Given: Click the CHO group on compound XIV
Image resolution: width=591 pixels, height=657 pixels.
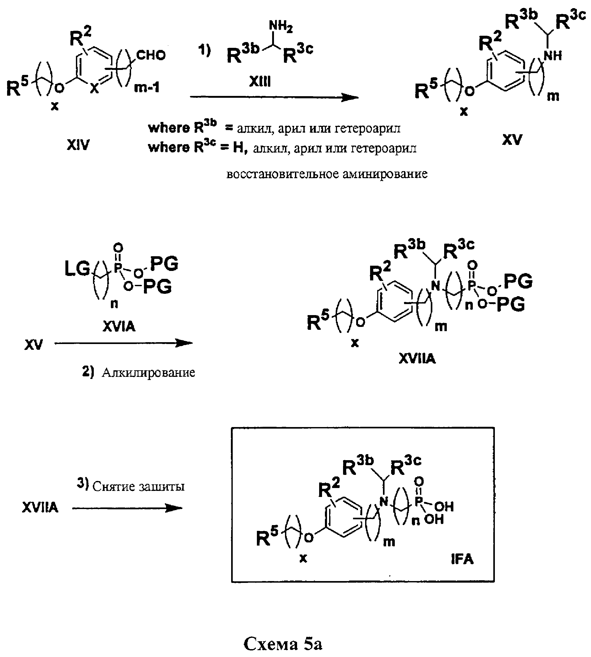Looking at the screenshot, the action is (x=151, y=55).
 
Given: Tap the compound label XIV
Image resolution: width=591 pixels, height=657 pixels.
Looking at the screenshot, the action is (x=78, y=145).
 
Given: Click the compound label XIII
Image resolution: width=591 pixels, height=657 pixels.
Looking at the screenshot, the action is (x=260, y=81).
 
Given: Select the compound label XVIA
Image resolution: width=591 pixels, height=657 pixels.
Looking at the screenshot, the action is (x=119, y=326).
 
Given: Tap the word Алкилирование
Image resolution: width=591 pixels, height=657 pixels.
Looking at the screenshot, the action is (x=148, y=372).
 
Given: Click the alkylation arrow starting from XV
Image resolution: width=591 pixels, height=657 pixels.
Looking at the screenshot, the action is (x=124, y=343).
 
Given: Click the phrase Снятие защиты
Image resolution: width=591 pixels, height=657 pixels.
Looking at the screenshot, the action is (x=138, y=486).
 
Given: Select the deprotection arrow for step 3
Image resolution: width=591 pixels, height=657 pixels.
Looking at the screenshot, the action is (x=127, y=508).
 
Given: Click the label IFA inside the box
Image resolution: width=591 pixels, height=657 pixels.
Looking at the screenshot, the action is (x=462, y=559).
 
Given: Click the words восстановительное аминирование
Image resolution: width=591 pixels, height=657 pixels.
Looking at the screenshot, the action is (x=327, y=174).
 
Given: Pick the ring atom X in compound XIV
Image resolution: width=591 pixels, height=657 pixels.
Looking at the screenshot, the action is (x=95, y=88).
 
